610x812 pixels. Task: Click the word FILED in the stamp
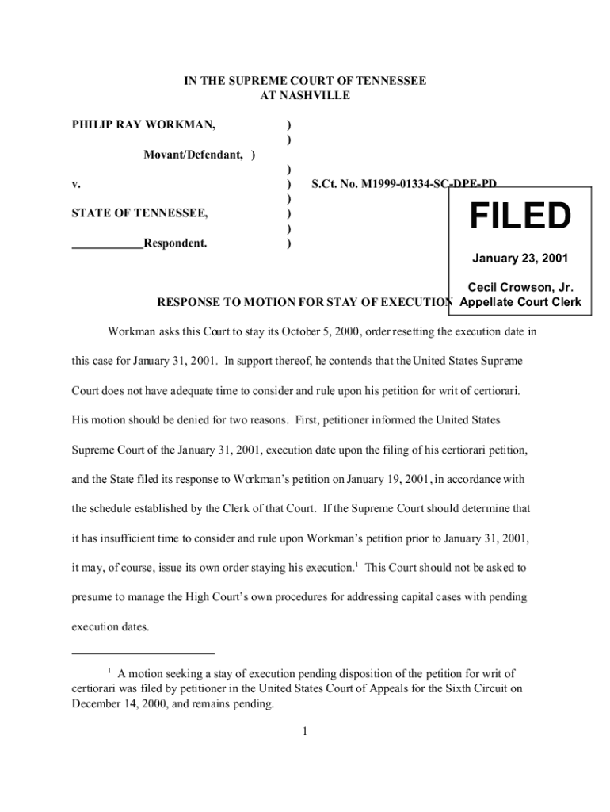[520, 216]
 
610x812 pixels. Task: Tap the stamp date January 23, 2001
[520, 259]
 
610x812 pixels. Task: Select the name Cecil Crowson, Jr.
[520, 288]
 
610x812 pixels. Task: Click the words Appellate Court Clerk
[520, 302]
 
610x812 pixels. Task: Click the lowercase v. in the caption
[76, 184]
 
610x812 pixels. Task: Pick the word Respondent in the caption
[175, 243]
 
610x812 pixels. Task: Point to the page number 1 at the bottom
[304, 730]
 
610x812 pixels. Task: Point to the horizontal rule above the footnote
[143, 653]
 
